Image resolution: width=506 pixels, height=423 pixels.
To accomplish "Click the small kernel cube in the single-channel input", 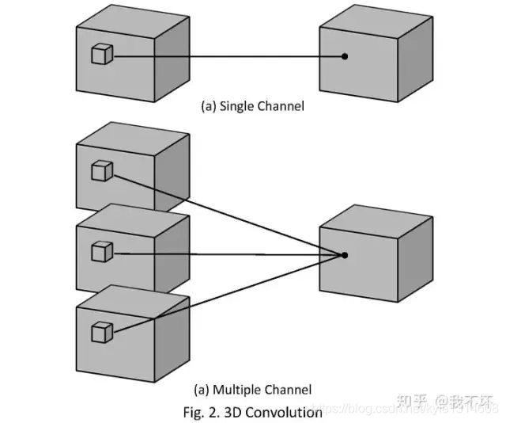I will pos(102,54).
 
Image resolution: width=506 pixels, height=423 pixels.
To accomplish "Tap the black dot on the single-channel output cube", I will pos(345,56).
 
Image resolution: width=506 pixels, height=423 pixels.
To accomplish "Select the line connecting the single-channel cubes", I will pos(229,56).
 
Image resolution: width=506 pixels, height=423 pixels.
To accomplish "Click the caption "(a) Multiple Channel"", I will pos(252,389).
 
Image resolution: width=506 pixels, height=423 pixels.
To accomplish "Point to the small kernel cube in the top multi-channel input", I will pos(102,170).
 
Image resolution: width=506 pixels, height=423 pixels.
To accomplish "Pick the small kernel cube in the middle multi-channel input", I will pos(102,252).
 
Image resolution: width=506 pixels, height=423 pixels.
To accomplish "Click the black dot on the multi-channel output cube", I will pos(345,254).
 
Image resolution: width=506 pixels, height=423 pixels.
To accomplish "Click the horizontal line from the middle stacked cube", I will pos(229,253).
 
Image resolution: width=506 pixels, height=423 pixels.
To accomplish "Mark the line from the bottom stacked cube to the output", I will pos(229,293).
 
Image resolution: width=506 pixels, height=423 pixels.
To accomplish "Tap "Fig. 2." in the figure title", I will pos(201,412).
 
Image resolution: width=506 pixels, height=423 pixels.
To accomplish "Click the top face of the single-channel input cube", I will pos(134,17).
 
